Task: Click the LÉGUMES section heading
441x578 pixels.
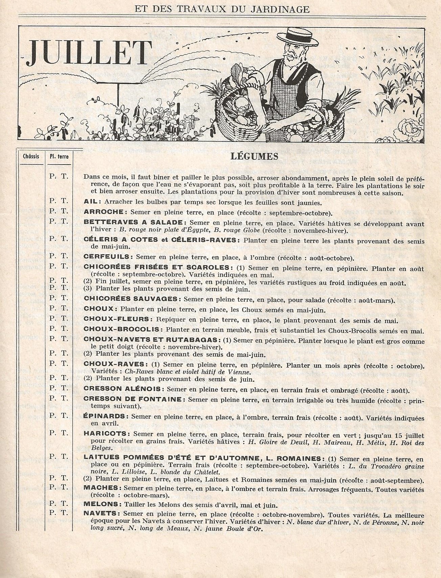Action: (254, 156)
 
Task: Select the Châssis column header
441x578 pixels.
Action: (31, 156)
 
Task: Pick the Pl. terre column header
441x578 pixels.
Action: (59, 156)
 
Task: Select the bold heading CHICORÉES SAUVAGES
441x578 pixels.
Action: (131, 299)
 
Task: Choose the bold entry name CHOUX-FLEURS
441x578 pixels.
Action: (117, 319)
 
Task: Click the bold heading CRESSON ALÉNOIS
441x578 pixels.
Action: (124, 389)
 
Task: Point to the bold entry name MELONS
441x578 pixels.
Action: (100, 505)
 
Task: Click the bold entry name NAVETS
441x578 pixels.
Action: (100, 513)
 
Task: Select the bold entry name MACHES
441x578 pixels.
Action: (100, 488)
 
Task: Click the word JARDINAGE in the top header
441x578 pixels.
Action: (283, 9)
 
